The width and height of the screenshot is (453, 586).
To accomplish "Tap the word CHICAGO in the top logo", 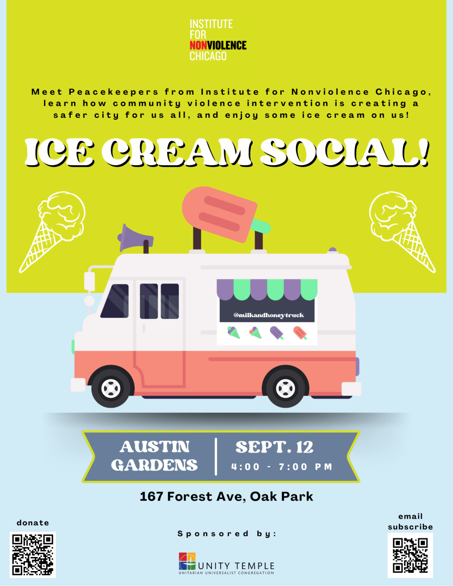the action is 208,56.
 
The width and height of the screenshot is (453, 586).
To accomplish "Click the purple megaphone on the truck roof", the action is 135,238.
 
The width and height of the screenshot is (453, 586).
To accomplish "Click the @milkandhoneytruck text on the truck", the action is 269,315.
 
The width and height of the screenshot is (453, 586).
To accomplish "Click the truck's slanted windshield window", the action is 115,301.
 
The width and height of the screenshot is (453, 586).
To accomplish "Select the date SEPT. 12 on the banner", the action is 275,447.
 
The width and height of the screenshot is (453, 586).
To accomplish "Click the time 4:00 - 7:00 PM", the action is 282,466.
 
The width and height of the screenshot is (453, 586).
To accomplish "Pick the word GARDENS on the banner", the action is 154,465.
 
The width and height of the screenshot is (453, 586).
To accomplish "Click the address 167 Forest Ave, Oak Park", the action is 226,496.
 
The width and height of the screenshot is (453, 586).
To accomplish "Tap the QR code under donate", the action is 33,555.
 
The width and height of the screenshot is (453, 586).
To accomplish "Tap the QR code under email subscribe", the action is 410,555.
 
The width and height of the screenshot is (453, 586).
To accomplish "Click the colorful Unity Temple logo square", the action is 187,561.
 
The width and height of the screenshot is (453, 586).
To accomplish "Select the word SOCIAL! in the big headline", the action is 344,152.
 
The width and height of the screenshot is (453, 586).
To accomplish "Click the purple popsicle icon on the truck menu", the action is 277,333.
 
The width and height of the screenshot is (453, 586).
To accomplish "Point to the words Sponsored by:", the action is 227,533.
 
